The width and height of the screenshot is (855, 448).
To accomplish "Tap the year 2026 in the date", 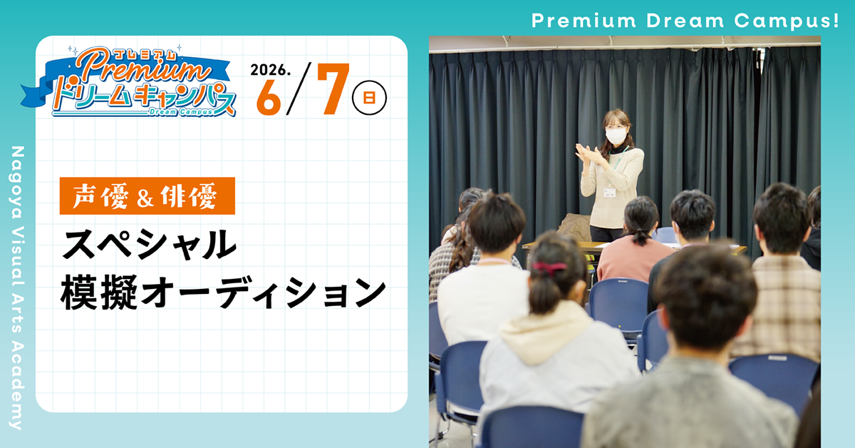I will click(x=268, y=71).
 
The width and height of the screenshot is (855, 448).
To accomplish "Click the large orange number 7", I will click(x=331, y=90).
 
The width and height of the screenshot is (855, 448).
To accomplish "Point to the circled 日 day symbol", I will click(x=370, y=98).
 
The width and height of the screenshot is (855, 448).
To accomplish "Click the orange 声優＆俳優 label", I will click(x=147, y=195).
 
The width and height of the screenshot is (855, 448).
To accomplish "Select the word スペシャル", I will click(x=149, y=245).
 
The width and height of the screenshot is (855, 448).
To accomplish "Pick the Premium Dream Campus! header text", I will click(x=685, y=20).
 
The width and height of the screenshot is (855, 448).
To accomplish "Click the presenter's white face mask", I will click(x=616, y=135).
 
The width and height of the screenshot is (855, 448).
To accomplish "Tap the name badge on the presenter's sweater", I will click(x=609, y=192).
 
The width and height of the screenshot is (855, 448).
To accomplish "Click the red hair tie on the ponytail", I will click(x=548, y=268).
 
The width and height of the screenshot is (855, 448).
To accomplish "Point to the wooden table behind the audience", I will click(x=563, y=246).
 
